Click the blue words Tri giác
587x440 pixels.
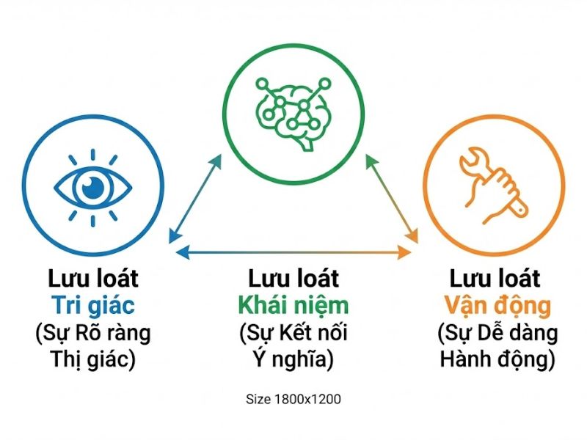(92, 306)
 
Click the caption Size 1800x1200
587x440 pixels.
(293, 400)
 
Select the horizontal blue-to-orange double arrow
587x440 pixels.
(293, 252)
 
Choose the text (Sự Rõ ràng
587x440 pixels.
(92, 333)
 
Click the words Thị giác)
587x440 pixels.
(92, 360)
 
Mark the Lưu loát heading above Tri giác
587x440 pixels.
(92, 279)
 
